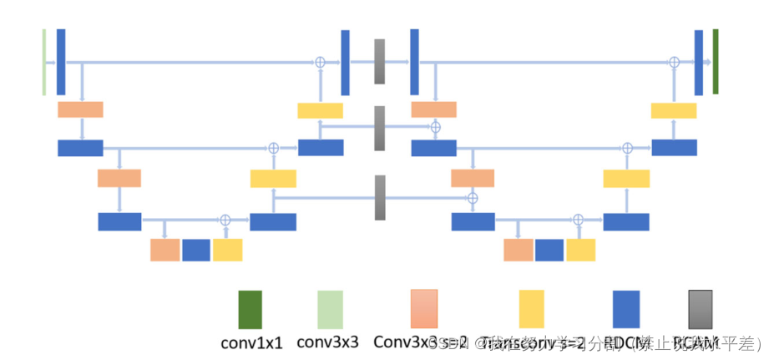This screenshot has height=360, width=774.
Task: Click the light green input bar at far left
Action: click(x=44, y=62)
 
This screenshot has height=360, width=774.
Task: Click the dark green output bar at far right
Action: click(x=716, y=61)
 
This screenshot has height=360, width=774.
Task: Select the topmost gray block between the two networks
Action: click(x=380, y=62)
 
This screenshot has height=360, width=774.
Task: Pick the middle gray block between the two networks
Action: click(x=380, y=128)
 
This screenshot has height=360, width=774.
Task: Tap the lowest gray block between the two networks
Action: click(x=380, y=197)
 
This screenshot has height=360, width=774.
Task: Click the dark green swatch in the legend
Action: click(x=250, y=309)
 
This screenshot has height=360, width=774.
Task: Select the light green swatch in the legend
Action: click(x=329, y=309)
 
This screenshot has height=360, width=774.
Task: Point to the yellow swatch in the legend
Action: click(x=531, y=309)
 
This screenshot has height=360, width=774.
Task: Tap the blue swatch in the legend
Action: click(x=625, y=309)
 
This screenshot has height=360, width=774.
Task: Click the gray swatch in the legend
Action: click(x=700, y=309)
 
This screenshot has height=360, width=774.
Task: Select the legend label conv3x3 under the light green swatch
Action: click(x=328, y=342)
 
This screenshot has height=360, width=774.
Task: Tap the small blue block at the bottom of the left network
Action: click(x=196, y=250)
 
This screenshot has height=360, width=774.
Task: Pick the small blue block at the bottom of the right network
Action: click(x=549, y=250)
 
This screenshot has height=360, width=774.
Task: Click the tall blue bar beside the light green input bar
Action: click(x=61, y=62)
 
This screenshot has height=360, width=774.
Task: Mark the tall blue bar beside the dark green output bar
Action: click(x=699, y=62)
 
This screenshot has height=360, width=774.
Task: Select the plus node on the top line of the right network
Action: click(x=674, y=62)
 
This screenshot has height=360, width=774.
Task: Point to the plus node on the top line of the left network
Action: click(x=319, y=62)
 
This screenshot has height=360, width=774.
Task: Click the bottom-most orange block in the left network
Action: click(x=164, y=250)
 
